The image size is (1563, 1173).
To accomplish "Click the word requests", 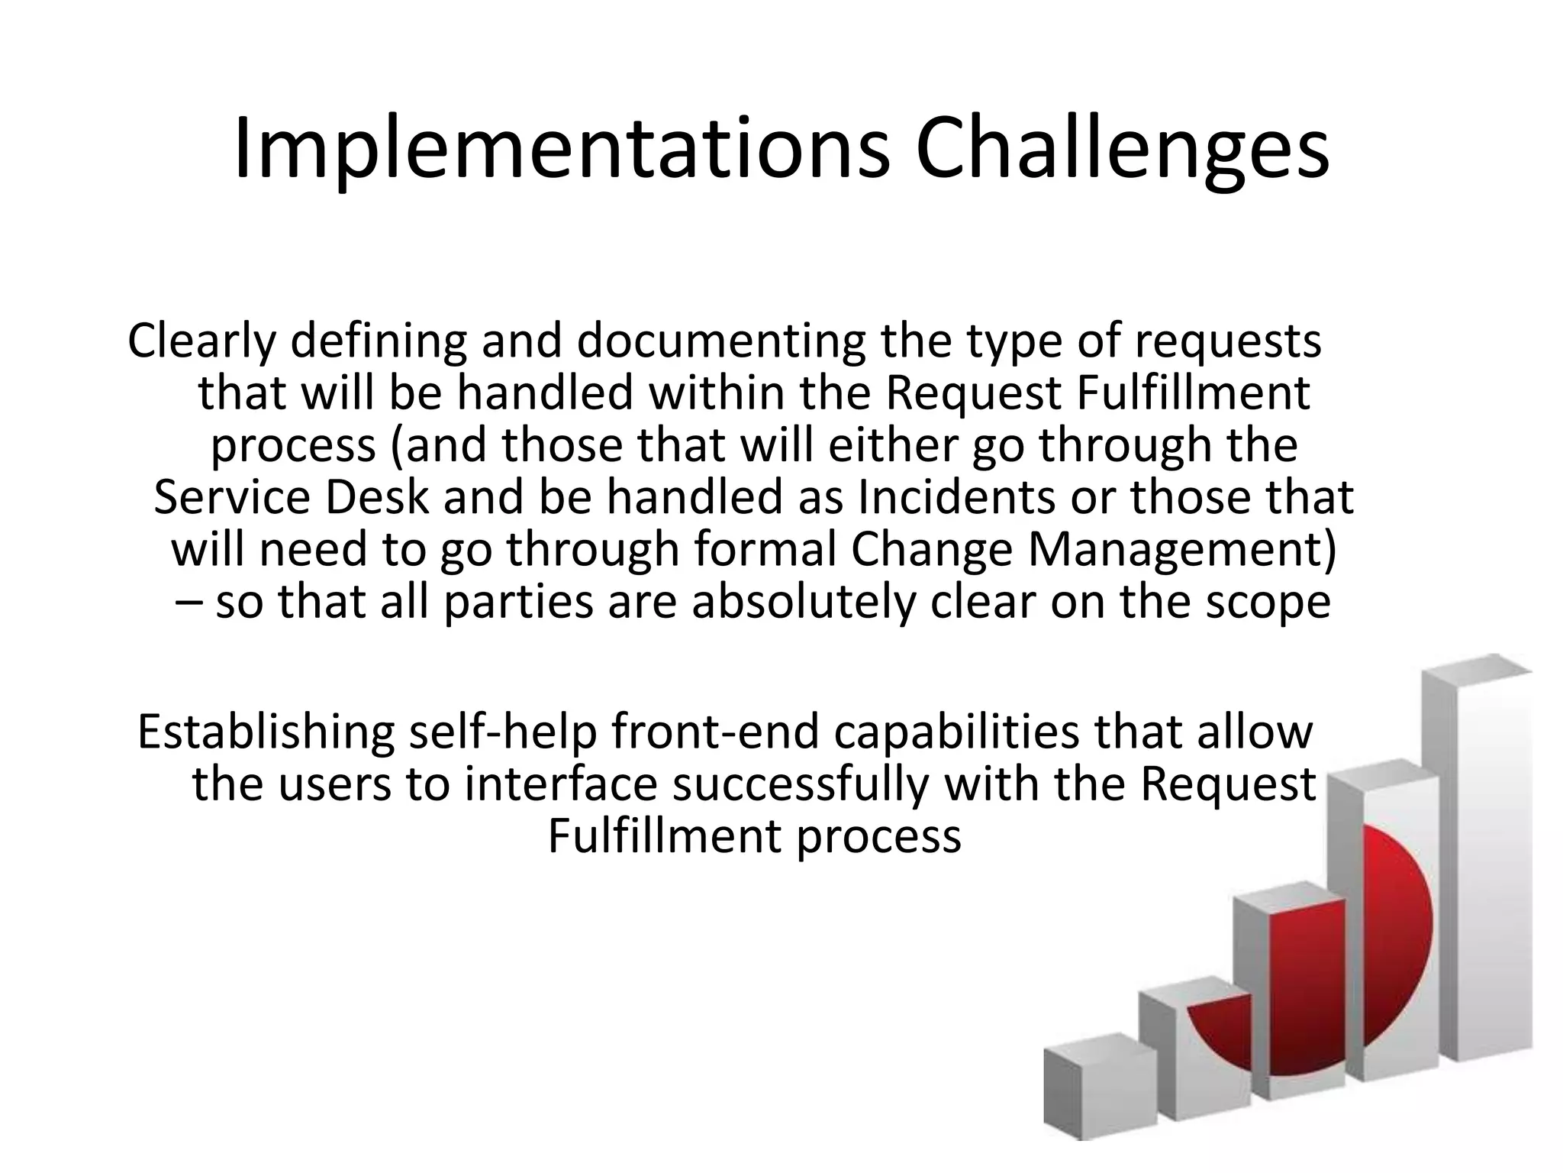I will (x=1228, y=341).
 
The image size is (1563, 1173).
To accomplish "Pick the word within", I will (x=716, y=393).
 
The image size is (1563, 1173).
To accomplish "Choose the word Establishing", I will (x=266, y=732).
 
